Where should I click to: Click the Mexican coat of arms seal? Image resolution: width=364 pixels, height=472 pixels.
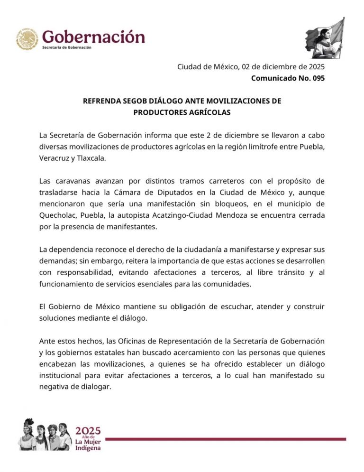(x=27, y=39)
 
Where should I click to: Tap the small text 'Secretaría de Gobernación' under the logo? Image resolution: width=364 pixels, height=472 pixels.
(x=67, y=48)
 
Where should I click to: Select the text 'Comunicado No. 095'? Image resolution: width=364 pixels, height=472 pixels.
(x=288, y=78)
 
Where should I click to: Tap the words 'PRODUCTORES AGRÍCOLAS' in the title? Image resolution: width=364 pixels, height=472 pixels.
(x=182, y=112)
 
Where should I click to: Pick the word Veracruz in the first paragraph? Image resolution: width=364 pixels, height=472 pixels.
(x=54, y=158)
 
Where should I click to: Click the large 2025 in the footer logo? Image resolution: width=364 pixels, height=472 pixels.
(x=88, y=430)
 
